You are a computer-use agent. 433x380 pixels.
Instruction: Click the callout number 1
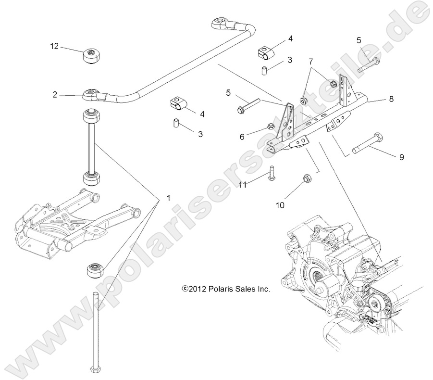155,198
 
